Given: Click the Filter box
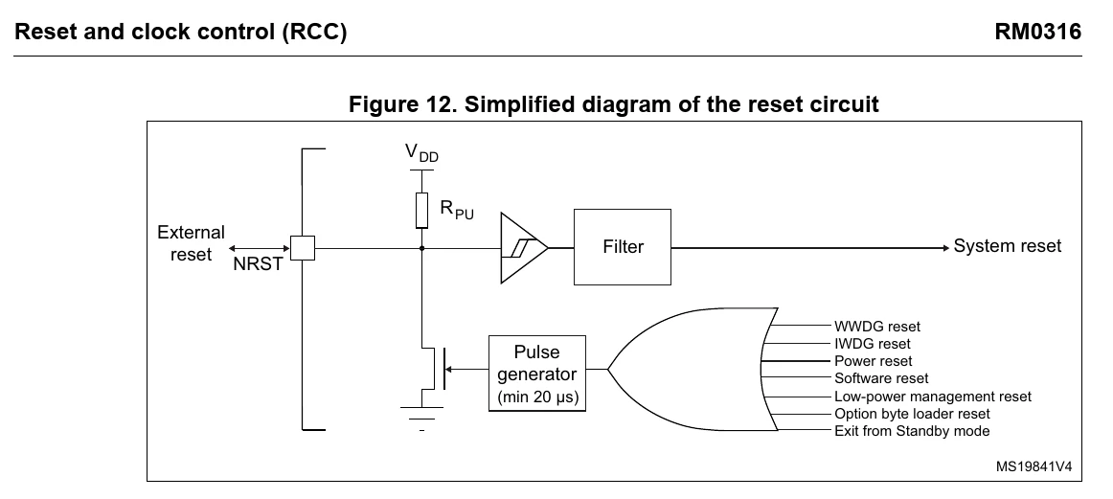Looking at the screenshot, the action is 622,247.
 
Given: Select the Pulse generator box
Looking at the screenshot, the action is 537,374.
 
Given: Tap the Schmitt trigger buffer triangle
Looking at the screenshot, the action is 524,248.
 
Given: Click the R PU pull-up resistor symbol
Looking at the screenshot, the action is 421,210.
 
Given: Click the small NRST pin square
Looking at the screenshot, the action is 303,248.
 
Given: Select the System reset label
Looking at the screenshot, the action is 1008,246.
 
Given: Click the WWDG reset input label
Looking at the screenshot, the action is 877,327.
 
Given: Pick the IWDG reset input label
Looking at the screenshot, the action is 873,344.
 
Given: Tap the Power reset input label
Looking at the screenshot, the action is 874,360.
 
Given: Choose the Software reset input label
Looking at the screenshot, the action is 881,378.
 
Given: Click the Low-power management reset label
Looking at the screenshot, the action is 933,397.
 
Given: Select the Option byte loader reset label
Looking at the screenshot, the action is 912,414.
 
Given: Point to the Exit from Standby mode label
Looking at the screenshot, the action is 912,431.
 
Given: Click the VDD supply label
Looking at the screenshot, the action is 421,153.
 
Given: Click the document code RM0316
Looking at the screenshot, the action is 1037,32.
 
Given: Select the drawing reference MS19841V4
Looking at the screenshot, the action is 1033,466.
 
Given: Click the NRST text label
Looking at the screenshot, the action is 258,264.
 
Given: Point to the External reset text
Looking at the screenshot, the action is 191,243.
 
